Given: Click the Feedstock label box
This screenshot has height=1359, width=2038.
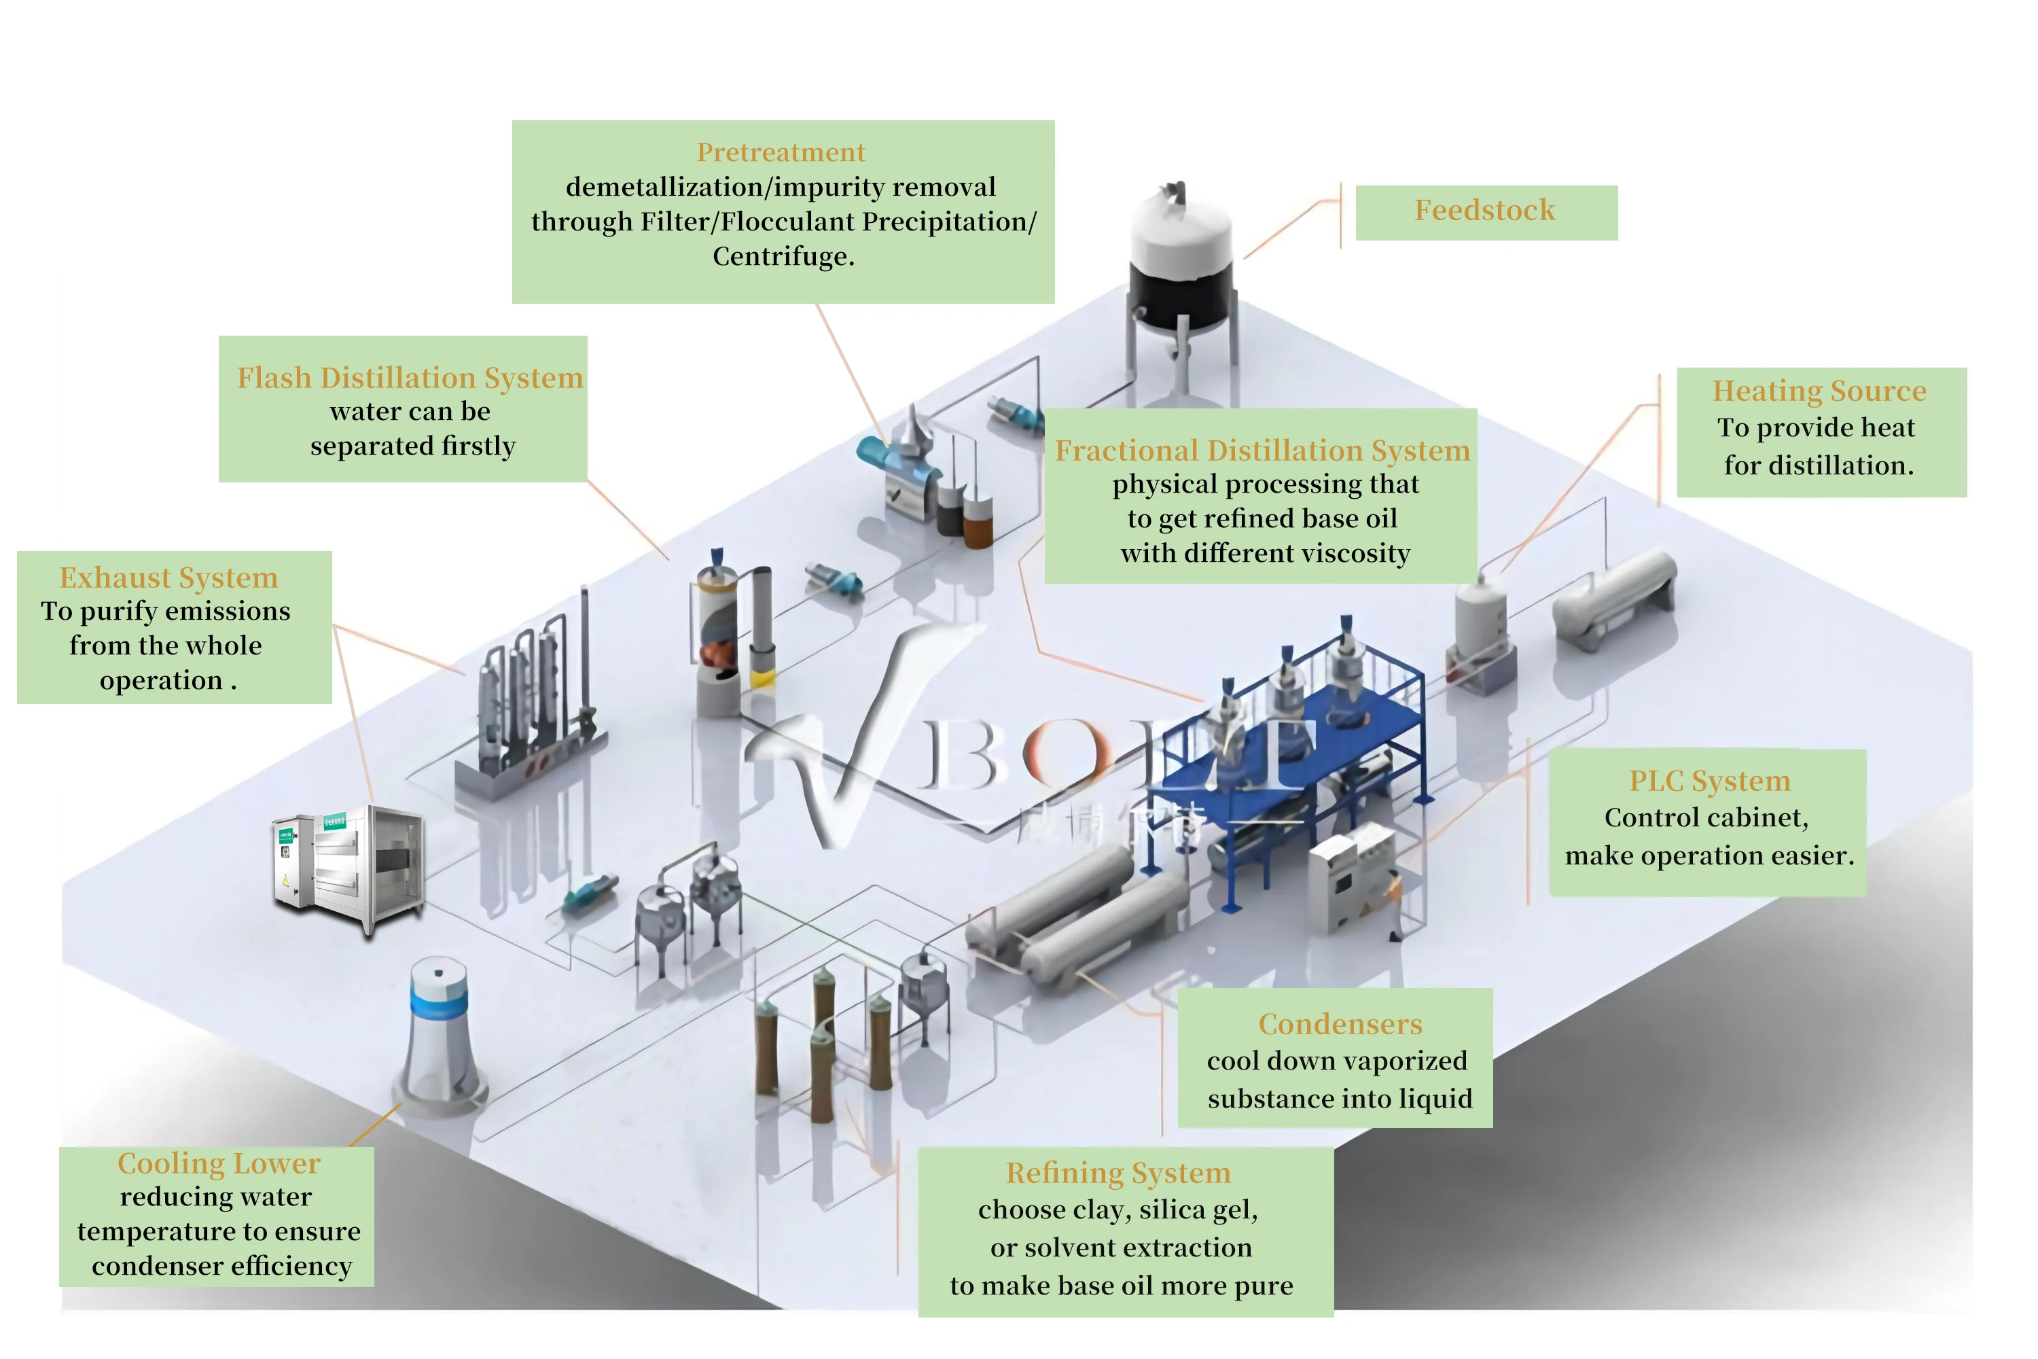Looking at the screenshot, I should (1485, 211).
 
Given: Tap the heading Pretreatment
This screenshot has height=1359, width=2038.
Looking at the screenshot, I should (781, 152).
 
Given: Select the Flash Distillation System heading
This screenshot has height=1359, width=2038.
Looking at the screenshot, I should (410, 378).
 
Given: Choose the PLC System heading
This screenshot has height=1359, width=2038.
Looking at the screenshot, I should (1709, 781).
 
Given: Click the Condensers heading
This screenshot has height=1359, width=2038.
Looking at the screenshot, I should (1340, 1025).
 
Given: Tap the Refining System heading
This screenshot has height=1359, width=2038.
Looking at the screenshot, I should (1118, 1173).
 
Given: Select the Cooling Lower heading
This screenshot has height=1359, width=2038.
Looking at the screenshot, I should (218, 1163).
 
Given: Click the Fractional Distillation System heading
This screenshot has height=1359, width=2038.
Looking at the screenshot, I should (1262, 451).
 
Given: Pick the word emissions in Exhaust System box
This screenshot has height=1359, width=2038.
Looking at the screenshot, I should (227, 611).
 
